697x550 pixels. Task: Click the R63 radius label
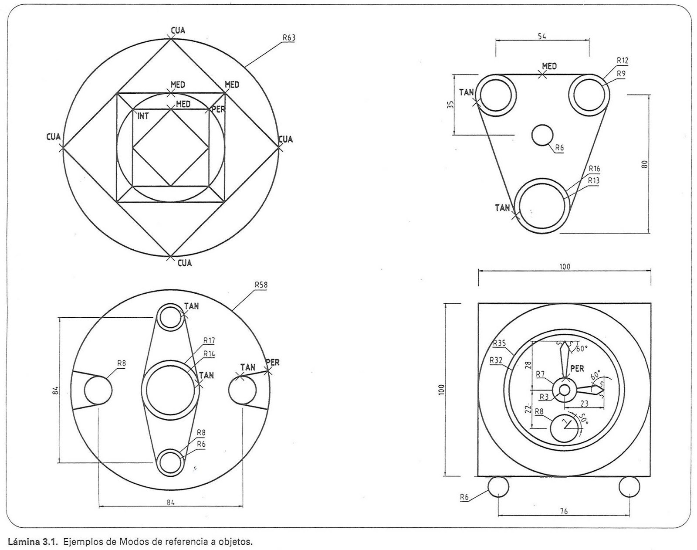[x=288, y=38]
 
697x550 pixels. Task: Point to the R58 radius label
[x=261, y=285]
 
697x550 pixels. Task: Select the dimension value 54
[x=542, y=37]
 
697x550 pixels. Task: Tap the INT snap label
[x=143, y=116]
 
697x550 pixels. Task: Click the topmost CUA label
[x=178, y=30]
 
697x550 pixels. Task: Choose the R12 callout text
[x=623, y=61]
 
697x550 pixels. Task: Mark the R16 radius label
[x=594, y=169]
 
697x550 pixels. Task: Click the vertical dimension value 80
[x=645, y=164]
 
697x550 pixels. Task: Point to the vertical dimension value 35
[x=451, y=104]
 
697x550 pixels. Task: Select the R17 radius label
[x=209, y=340]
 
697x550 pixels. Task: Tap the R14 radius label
[x=209, y=354]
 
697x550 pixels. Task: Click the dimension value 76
[x=564, y=511]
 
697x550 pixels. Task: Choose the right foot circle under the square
[x=629, y=486]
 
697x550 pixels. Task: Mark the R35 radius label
[x=499, y=343]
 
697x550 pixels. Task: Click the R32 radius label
[x=496, y=360]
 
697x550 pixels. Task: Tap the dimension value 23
[x=585, y=404]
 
